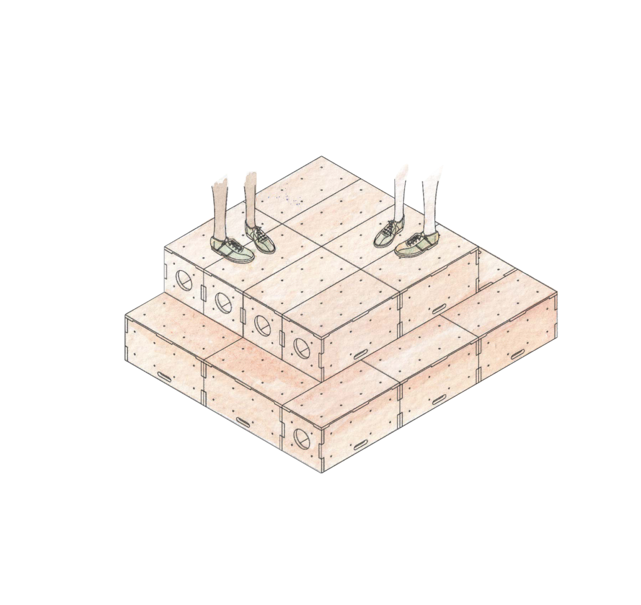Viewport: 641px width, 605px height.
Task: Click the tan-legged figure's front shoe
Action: click(232, 250)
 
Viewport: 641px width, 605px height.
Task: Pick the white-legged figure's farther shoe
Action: click(389, 232)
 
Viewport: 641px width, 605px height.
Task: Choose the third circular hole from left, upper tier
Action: click(262, 324)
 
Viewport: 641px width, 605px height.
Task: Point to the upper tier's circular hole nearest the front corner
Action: click(301, 346)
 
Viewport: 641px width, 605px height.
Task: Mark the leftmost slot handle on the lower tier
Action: click(166, 377)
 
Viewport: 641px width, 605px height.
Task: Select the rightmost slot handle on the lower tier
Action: click(517, 355)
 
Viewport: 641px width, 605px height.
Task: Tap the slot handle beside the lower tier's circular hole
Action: click(361, 445)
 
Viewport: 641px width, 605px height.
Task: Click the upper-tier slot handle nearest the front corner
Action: click(361, 354)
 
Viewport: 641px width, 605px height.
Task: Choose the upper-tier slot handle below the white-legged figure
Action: click(439, 308)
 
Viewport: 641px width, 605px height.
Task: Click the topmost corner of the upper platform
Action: click(322, 156)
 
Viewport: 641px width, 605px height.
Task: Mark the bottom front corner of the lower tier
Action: click(322, 472)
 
